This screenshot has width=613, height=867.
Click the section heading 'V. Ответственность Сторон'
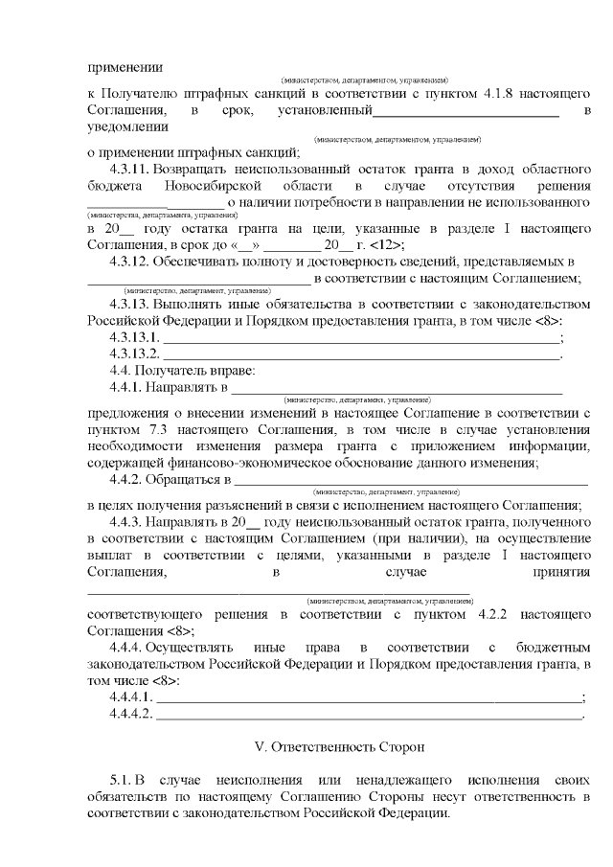[x=337, y=745]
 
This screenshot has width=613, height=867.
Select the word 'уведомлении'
[x=127, y=126]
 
